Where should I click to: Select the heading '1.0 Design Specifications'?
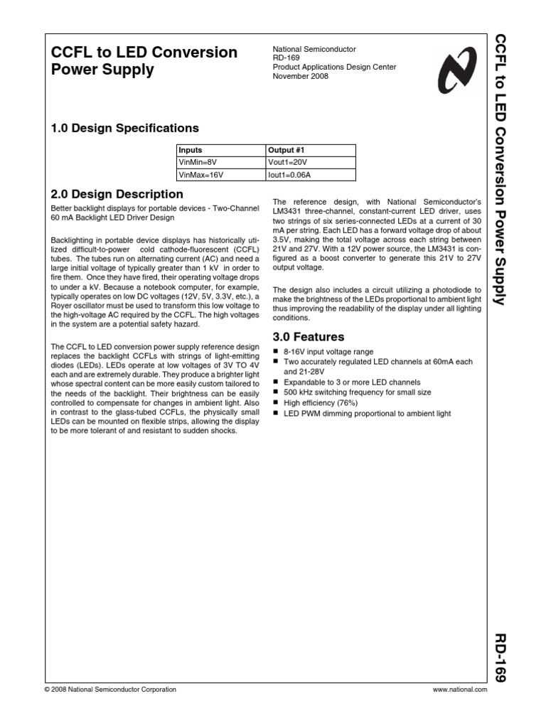coord(125,128)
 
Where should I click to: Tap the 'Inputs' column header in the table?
coord(191,150)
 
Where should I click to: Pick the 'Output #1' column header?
coord(286,150)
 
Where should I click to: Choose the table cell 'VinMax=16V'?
coord(200,173)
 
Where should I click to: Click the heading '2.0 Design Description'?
coord(117,194)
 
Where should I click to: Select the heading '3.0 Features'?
coord(309,336)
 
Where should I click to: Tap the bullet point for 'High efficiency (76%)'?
coord(277,403)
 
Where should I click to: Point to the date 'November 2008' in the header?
coord(301,76)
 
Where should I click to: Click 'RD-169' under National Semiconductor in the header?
coord(287,58)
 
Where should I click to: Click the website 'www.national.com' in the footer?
coord(459,690)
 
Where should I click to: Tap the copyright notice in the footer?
coord(110,690)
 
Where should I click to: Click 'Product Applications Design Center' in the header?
coord(334,68)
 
